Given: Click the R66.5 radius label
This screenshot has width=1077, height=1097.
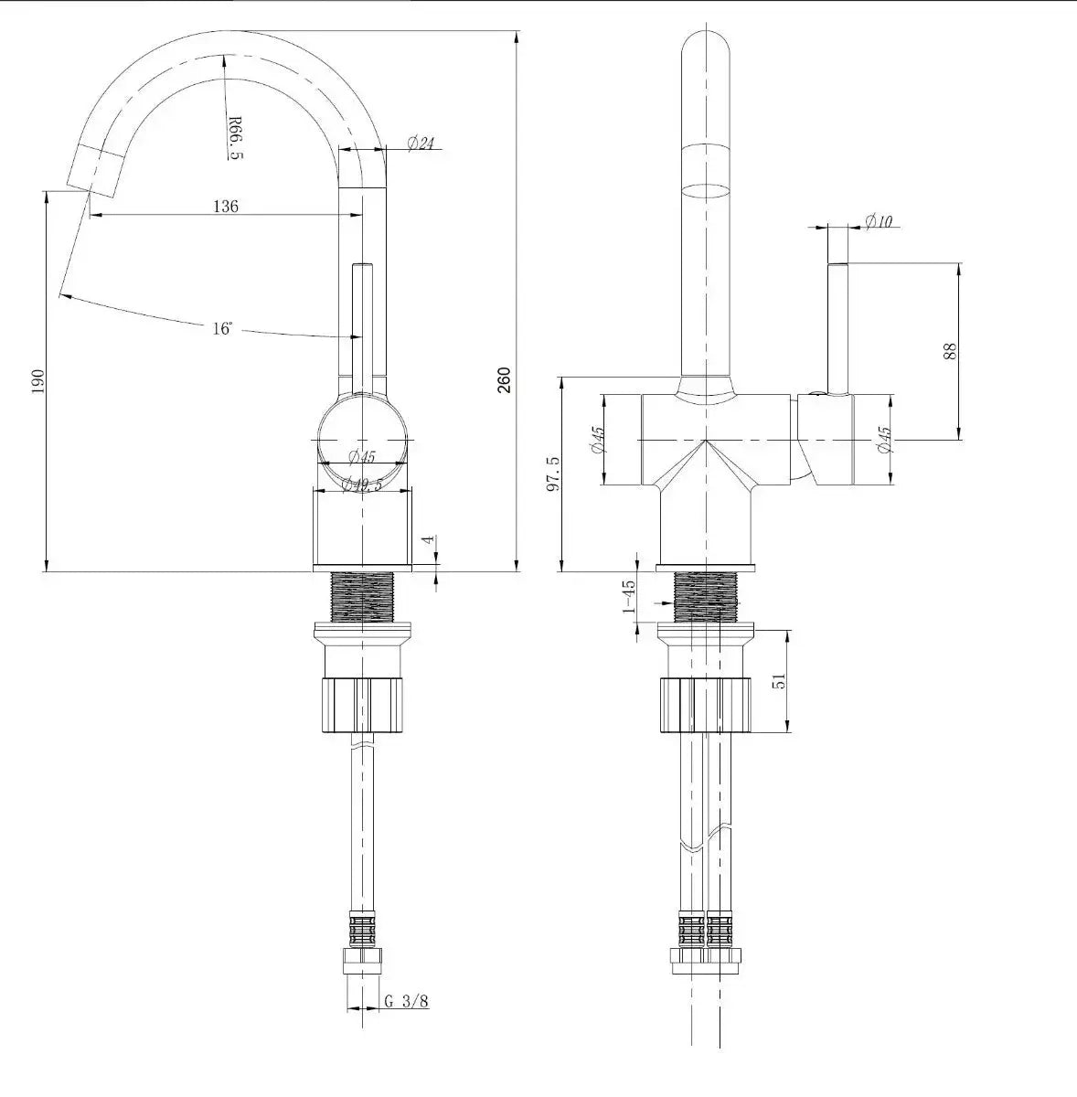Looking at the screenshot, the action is pyautogui.click(x=235, y=138).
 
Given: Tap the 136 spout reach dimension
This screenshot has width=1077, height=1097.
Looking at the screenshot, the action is pyautogui.click(x=226, y=206).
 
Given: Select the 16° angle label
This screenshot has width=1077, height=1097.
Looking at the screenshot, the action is pyautogui.click(x=223, y=328).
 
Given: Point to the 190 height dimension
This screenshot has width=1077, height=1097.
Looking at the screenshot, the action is pyautogui.click(x=37, y=381).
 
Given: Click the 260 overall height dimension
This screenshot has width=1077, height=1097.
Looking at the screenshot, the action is pyautogui.click(x=504, y=380).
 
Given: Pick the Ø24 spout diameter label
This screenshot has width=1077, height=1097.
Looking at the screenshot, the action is pyautogui.click(x=421, y=143).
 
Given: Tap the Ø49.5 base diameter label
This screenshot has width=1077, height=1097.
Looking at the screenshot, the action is pyautogui.click(x=362, y=485).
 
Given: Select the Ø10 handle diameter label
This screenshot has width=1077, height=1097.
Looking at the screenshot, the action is pyautogui.click(x=879, y=221).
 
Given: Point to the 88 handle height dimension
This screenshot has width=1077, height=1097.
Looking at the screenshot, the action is pyautogui.click(x=950, y=351).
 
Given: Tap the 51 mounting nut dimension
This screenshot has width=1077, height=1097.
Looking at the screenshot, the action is pyautogui.click(x=780, y=680).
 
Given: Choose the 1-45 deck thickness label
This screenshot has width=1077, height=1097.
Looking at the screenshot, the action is pyautogui.click(x=629, y=596).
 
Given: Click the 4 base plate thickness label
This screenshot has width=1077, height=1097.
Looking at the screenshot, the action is pyautogui.click(x=429, y=539).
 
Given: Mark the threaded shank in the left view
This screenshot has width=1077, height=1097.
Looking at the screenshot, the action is pyautogui.click(x=362, y=597).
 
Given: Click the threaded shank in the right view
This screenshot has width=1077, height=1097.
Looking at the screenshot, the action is pyautogui.click(x=706, y=597).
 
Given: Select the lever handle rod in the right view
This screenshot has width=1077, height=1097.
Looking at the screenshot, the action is pyautogui.click(x=837, y=329).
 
